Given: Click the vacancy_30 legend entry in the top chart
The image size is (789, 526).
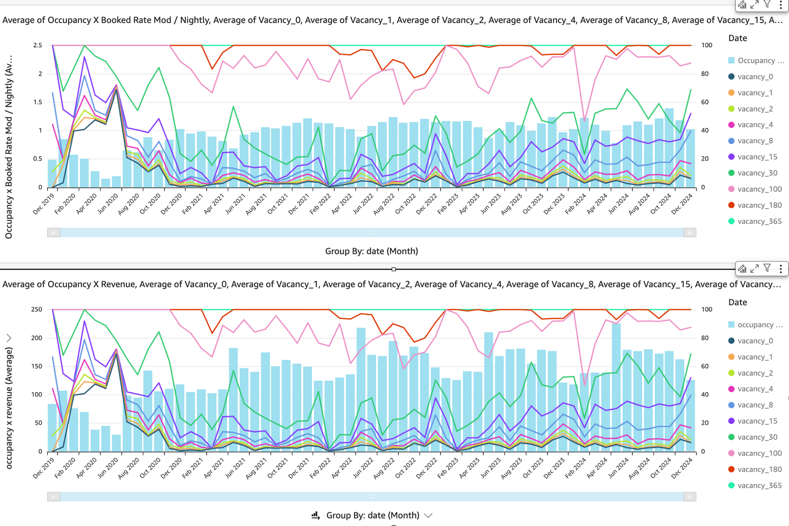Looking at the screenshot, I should (x=757, y=173).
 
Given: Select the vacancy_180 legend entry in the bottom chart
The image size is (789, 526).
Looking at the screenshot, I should (x=759, y=469).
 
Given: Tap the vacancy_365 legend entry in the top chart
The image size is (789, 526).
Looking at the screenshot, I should (x=759, y=222).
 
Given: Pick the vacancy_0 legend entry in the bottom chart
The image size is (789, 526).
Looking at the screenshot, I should (x=755, y=341).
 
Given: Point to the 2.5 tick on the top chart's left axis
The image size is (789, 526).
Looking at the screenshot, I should (x=38, y=45).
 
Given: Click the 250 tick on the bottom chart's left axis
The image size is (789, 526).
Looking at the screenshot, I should (x=37, y=310).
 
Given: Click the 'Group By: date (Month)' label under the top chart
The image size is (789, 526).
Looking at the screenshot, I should (x=371, y=251).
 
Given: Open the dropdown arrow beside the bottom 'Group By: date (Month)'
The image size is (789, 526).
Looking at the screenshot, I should (x=429, y=515).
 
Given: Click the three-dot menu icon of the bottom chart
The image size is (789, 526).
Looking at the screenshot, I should (x=781, y=268).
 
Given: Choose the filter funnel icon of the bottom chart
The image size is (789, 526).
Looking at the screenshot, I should (x=767, y=268).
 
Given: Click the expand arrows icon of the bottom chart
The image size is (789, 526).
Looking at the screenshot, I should (x=755, y=268).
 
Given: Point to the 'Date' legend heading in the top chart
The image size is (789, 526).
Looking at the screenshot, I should (x=737, y=38).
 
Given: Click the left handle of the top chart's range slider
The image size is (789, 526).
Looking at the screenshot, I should (x=54, y=232).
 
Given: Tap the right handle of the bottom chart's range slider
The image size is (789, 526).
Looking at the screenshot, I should (x=690, y=497).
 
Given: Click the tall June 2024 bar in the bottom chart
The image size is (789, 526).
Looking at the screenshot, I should (x=616, y=387).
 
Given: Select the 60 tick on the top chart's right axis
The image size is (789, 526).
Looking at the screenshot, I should (x=704, y=102).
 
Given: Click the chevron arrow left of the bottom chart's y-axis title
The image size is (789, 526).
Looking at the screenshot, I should (x=9, y=338).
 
